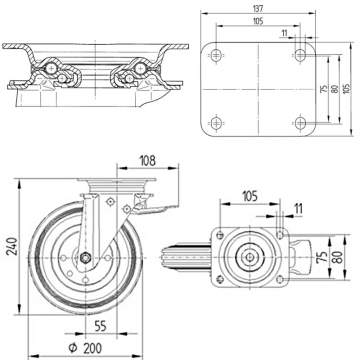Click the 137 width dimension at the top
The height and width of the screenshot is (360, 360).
coord(259,9)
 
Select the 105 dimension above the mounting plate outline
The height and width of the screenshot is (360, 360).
coord(259,22)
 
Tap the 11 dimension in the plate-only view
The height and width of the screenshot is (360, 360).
coord(284,34)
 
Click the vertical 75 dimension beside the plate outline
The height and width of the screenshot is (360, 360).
coord(322,94)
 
